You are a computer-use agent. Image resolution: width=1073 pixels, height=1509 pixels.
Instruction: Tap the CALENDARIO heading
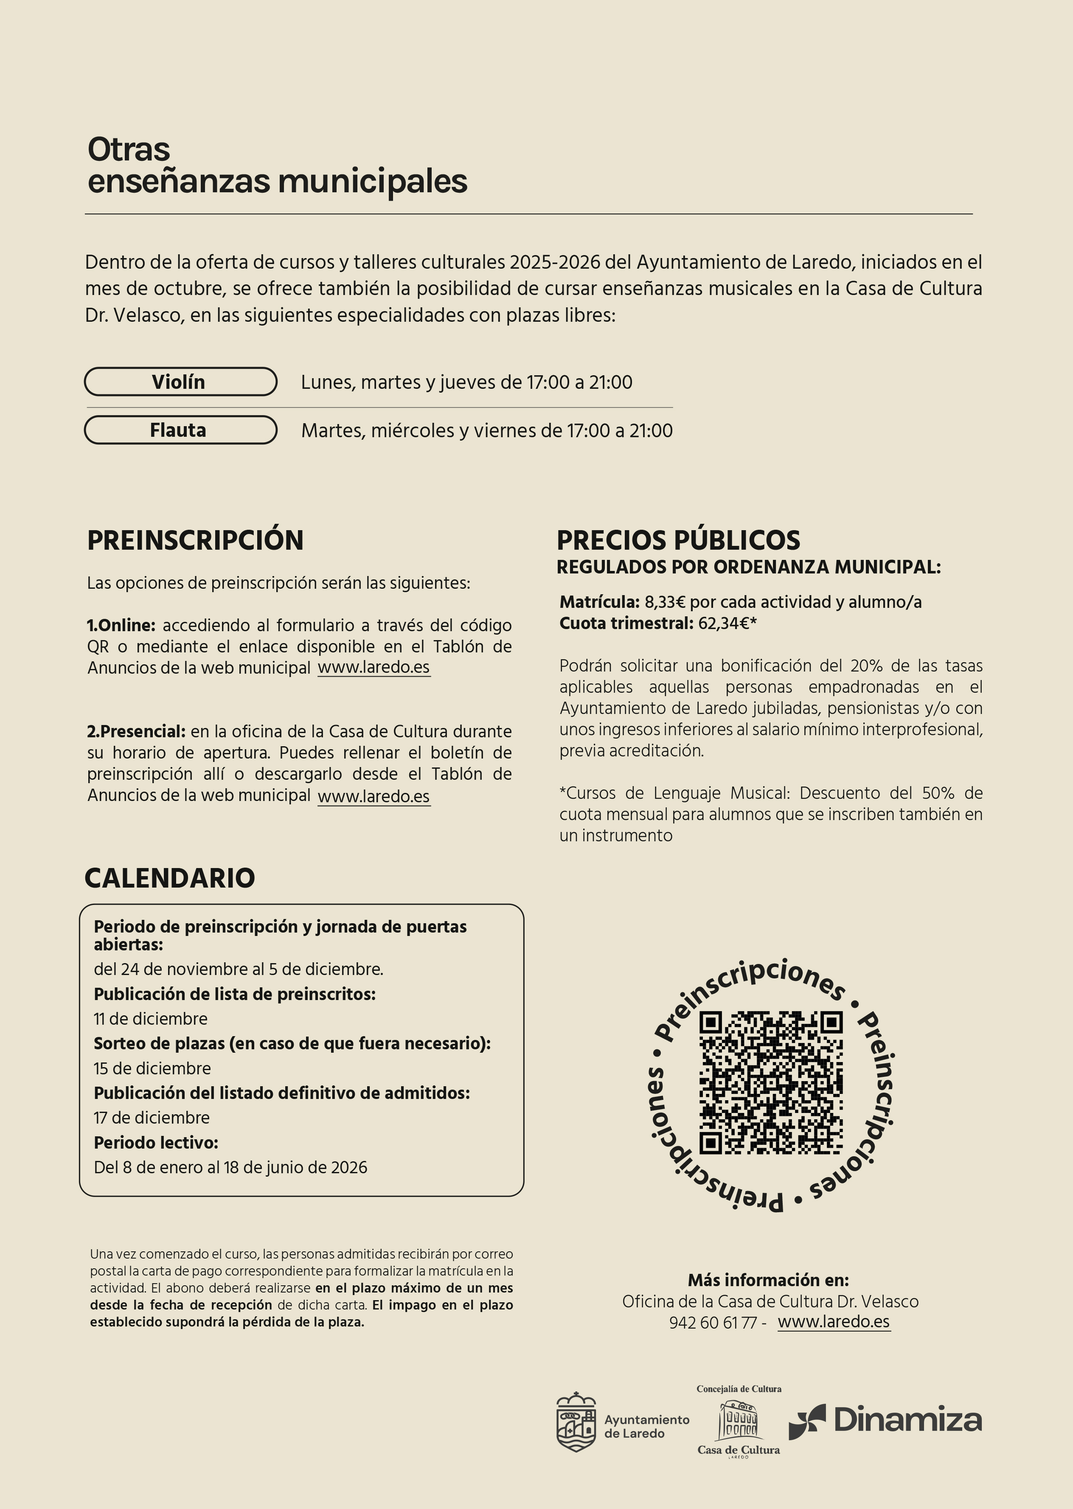tap(169, 878)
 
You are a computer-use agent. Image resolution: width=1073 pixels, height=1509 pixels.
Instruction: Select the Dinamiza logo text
tap(907, 1420)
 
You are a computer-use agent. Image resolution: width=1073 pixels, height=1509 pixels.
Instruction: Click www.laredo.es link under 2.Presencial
tap(374, 796)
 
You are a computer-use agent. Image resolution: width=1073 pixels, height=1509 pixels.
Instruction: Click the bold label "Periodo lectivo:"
tap(155, 1142)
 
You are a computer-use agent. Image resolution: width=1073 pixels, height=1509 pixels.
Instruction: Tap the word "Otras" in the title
tap(129, 149)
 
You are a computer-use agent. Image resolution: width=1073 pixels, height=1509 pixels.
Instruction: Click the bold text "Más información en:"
tap(768, 1280)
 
